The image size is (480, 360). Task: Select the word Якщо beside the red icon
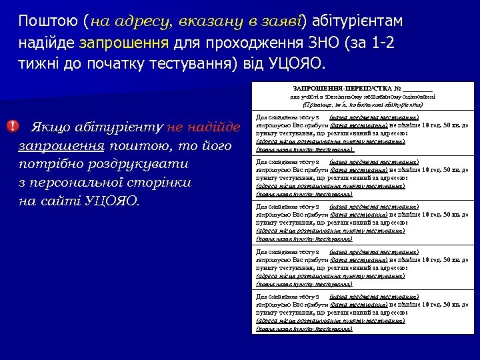tap(53, 127)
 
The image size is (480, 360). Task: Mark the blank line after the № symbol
tap(417, 89)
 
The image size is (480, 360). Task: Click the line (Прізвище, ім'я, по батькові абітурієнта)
tap(363, 105)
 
